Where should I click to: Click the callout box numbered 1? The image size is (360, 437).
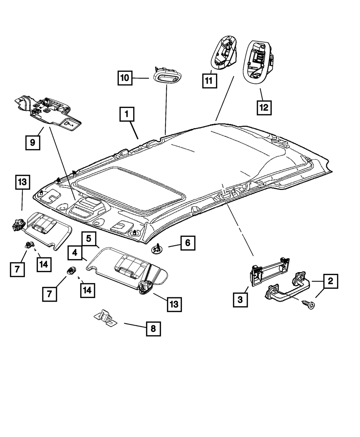(127, 116)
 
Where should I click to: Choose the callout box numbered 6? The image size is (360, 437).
(188, 243)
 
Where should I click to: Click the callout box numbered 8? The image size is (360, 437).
(153, 329)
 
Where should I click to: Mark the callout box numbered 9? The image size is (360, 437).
(33, 143)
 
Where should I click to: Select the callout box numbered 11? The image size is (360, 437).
(209, 81)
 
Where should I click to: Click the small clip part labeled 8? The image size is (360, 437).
(105, 317)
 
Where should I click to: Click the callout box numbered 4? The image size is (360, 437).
(75, 253)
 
